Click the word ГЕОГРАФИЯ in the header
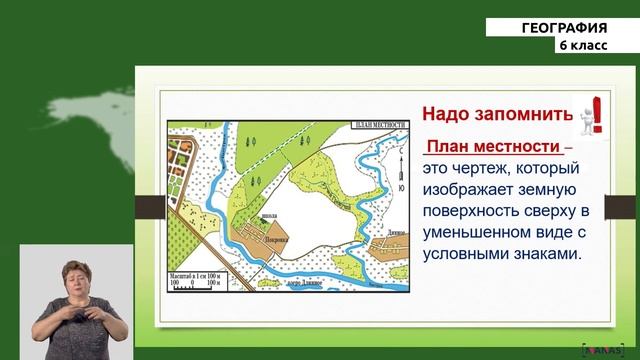(x=564, y=27)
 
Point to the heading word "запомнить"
(x=527, y=113)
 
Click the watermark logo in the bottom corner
(x=600, y=350)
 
